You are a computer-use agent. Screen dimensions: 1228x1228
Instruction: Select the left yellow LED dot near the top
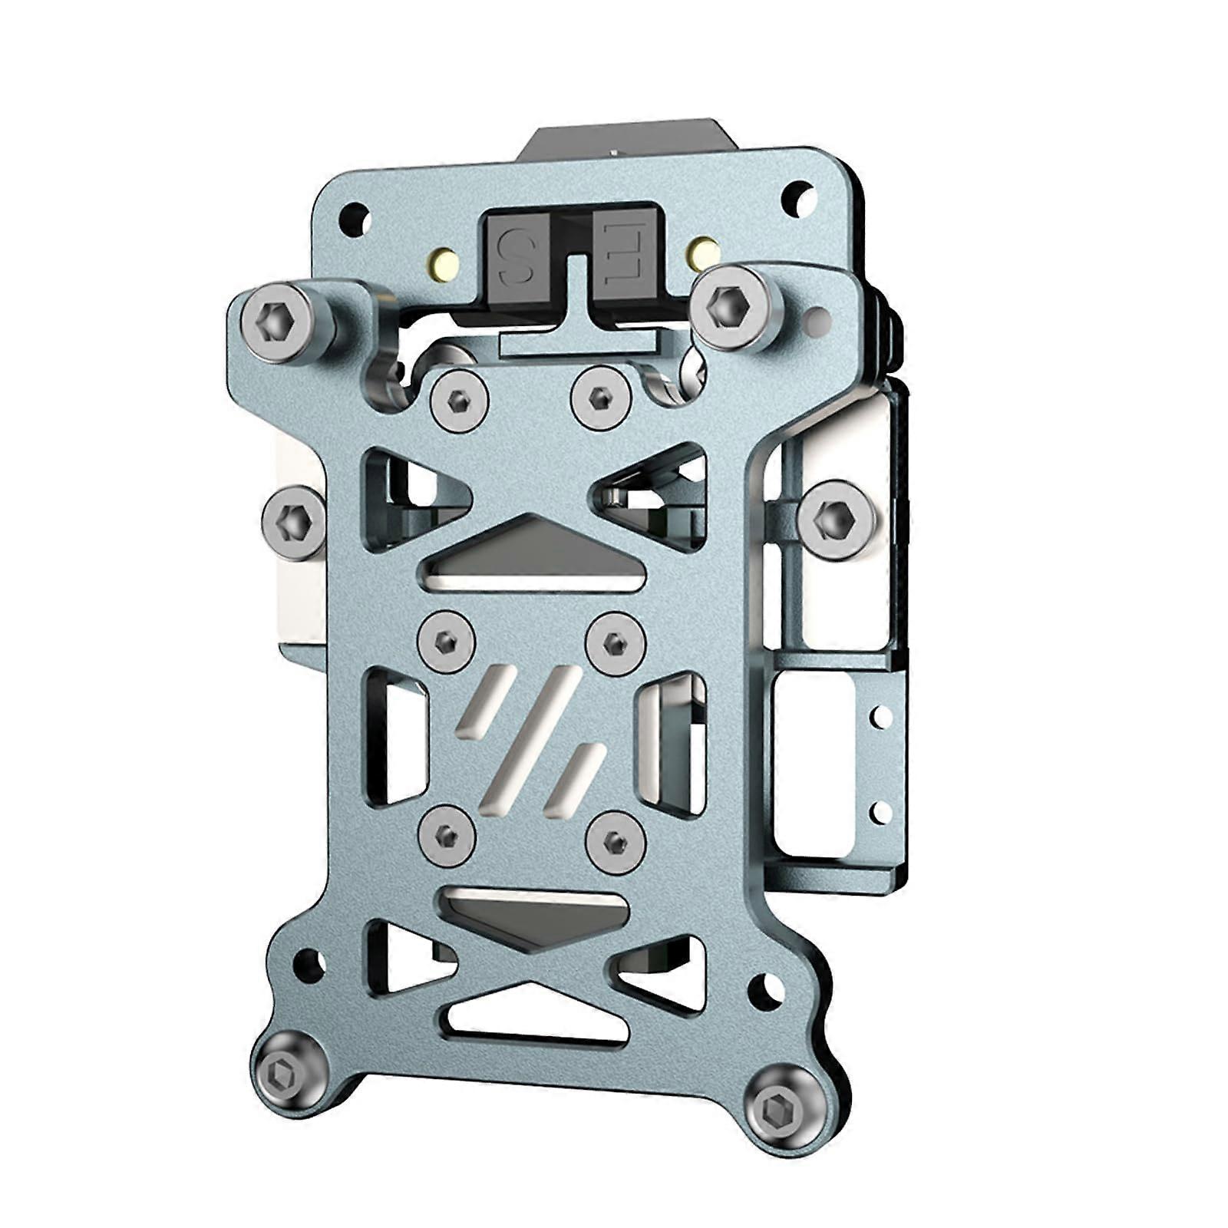click(x=443, y=264)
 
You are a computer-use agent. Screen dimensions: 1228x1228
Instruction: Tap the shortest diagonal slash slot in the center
click(x=572, y=777)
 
